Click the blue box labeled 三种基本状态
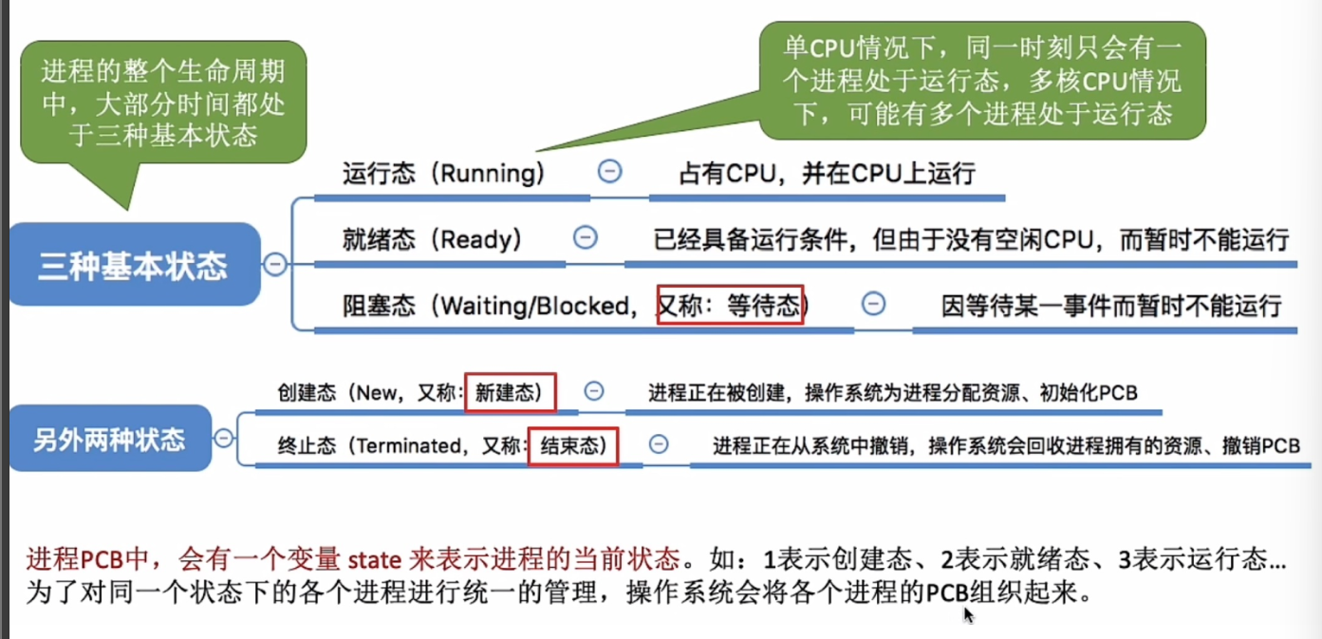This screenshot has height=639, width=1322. tap(133, 265)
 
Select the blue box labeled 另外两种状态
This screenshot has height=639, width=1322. tap(109, 440)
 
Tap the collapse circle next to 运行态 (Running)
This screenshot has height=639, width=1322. tap(609, 171)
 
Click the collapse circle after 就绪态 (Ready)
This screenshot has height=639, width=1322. tap(586, 237)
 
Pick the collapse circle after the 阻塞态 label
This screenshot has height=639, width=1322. tap(873, 304)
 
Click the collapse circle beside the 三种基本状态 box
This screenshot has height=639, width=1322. tap(275, 265)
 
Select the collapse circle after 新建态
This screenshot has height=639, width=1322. tap(594, 391)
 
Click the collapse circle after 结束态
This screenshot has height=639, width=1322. tap(658, 444)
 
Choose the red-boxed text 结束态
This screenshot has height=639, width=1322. tap(573, 446)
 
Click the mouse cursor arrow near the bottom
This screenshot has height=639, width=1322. tap(967, 614)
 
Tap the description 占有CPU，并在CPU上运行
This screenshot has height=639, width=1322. tap(827, 173)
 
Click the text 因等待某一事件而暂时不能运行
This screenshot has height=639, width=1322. tap(1110, 306)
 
